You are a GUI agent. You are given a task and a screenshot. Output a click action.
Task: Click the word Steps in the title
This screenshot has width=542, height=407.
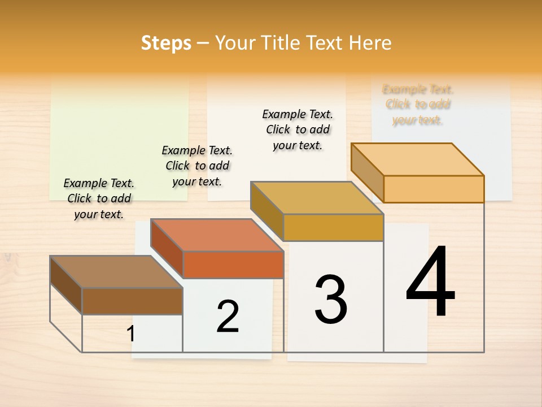pyautogui.click(x=166, y=43)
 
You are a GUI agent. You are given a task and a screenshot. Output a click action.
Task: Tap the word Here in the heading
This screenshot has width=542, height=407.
pyautogui.click(x=370, y=43)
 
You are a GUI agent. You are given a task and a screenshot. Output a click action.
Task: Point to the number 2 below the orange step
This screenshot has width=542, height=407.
pyautogui.click(x=228, y=316)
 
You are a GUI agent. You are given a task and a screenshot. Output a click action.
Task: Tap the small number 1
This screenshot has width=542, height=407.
pyautogui.click(x=131, y=334)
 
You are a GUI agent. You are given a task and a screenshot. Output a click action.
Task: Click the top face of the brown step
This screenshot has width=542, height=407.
pyautogui.click(x=116, y=271)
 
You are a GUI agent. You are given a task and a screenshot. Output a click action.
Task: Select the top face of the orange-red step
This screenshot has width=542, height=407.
pyautogui.click(x=216, y=235)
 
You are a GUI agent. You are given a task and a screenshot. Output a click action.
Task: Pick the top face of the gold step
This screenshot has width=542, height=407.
pyautogui.click(x=317, y=198)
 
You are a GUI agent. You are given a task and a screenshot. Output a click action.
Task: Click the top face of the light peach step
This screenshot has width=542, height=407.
pyautogui.click(x=417, y=159)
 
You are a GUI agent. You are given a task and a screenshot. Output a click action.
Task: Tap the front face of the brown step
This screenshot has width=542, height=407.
pyautogui.click(x=132, y=301)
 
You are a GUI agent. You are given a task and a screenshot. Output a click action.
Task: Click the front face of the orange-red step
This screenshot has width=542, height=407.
pyautogui.click(x=233, y=265)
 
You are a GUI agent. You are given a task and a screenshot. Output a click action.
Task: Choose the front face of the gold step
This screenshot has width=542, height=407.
pyautogui.click(x=333, y=227)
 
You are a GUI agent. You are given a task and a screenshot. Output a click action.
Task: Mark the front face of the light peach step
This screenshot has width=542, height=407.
pyautogui.click(x=434, y=189)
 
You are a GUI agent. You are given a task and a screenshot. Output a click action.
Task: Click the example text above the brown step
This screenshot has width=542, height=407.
pyautogui.click(x=99, y=198)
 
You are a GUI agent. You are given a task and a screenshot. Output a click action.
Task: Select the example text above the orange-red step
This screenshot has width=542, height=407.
pyautogui.click(x=197, y=166)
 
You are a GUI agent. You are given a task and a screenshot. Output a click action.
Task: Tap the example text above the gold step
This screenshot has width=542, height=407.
pyautogui.click(x=298, y=129)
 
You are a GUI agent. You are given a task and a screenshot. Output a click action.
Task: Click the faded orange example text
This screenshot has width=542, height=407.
pyautogui.click(x=418, y=105)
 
